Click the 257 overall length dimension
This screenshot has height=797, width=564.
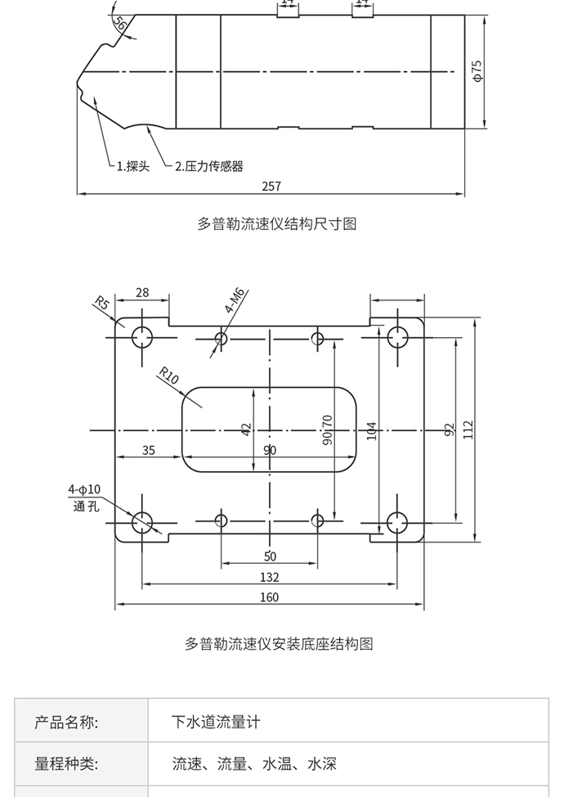[271, 186]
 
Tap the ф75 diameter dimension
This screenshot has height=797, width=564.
[477, 70]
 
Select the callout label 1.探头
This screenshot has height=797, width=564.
[133, 166]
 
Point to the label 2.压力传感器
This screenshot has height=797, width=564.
[208, 166]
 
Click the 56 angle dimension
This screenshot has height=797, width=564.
[120, 24]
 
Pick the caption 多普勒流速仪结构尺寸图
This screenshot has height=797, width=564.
[276, 223]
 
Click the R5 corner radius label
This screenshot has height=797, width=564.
[101, 303]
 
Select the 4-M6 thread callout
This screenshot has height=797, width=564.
[235, 300]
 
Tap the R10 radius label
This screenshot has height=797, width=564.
[168, 376]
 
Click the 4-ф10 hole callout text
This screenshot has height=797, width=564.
[85, 489]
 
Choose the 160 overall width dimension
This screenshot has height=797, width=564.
[269, 597]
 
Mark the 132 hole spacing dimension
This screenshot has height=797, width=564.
[270, 578]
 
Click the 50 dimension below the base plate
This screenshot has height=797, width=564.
[270, 556]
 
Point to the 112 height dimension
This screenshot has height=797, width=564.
[468, 430]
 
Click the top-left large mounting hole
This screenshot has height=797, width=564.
[142, 337]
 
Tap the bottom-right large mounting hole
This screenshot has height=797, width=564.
[397, 523]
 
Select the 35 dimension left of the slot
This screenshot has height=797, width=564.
[148, 450]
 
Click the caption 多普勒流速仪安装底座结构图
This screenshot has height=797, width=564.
[279, 644]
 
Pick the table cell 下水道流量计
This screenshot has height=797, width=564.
[216, 722]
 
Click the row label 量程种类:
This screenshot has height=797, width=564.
[66, 763]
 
